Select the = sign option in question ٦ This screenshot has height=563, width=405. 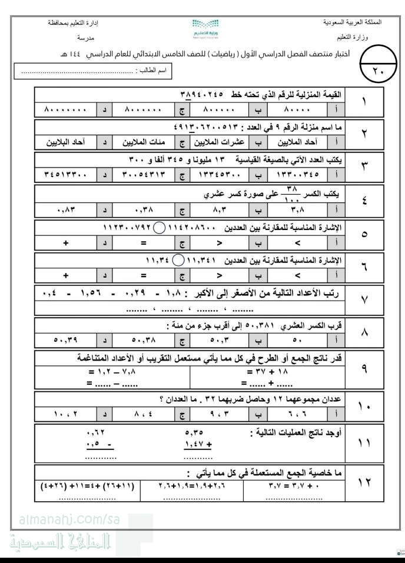click(x=142, y=275)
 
